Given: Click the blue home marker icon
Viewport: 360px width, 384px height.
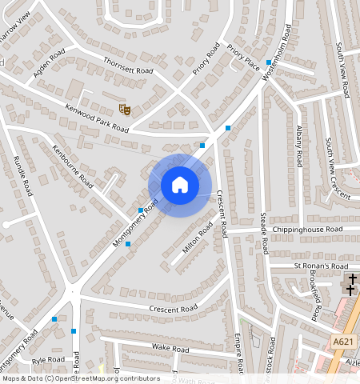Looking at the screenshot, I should point(180,185).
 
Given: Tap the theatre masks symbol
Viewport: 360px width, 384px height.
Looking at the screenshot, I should point(123,107).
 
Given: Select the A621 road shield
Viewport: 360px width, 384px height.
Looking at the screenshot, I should point(343,342).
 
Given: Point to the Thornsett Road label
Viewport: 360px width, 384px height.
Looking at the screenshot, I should point(127,64).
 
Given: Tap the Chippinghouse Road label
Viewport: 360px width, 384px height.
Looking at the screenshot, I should point(306,230).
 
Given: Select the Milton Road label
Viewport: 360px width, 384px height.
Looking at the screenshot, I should point(195,239).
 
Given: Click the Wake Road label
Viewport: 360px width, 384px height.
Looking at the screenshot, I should point(170,349).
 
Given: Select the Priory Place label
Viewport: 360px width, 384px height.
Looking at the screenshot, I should point(242,59).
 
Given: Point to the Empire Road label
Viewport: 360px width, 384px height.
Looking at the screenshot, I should point(238,353).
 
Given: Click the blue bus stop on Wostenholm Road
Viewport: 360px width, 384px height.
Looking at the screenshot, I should point(267,50).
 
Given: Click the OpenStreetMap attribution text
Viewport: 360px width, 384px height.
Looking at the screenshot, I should point(80,378).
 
